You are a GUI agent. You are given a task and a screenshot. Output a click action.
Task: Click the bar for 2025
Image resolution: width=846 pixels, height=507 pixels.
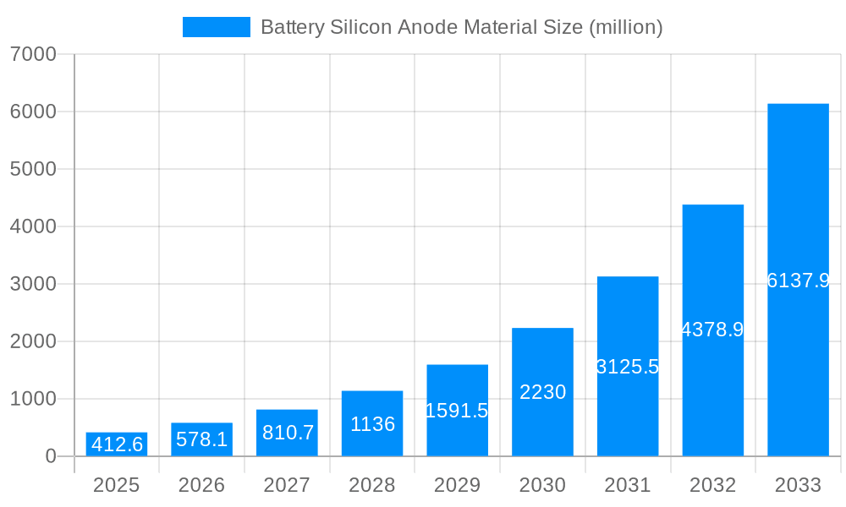click(117, 444)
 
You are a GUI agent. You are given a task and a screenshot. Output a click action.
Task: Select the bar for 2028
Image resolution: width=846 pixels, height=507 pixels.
click(372, 423)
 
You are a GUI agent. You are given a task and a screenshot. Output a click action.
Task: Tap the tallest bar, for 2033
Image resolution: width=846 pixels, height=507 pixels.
click(798, 280)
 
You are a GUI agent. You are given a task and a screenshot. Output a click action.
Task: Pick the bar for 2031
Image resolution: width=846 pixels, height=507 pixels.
click(628, 366)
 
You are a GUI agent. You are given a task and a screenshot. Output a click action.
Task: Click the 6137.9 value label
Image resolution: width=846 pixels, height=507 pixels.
click(798, 281)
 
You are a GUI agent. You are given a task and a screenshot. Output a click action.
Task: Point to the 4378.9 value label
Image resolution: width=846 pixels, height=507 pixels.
click(712, 330)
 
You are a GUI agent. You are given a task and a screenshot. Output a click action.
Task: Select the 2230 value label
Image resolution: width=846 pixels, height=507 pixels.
click(542, 392)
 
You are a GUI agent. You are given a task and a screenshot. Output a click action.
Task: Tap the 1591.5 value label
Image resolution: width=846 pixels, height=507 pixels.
click(457, 411)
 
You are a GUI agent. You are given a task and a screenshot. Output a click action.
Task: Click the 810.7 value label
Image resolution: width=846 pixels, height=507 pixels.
click(288, 433)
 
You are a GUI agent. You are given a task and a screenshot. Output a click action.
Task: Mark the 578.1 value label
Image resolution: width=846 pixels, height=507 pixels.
click(201, 439)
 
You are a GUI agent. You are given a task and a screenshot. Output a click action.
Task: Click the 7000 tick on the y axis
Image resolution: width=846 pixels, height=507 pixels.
click(33, 54)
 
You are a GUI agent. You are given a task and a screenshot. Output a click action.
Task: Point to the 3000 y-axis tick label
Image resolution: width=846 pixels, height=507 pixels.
click(33, 284)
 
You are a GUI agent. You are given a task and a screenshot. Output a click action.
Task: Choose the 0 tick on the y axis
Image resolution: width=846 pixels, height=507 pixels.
click(50, 456)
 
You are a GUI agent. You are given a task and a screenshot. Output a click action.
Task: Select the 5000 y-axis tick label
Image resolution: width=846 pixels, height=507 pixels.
click(33, 169)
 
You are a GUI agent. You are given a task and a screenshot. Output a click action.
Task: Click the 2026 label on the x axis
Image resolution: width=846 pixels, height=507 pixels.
click(201, 485)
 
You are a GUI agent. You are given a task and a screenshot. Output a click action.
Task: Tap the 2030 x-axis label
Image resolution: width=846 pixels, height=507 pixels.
click(542, 485)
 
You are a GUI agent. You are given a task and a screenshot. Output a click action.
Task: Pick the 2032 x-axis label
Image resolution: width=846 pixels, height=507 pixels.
click(712, 485)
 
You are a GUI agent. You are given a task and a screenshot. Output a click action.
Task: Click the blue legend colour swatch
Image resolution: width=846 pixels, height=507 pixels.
click(217, 27)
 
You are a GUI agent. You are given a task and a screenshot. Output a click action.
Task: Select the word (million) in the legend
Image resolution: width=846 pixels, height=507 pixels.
click(625, 27)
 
